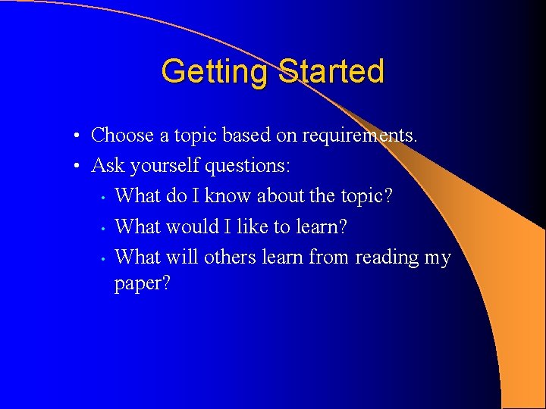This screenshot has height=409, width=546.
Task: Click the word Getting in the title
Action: pos(215,72)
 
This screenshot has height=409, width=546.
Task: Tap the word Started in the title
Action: pos(331,72)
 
